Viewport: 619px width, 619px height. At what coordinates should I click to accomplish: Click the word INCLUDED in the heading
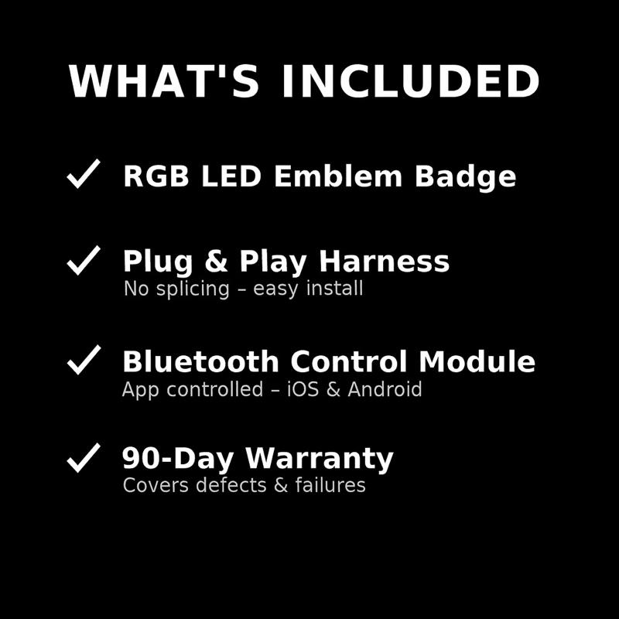point(410,82)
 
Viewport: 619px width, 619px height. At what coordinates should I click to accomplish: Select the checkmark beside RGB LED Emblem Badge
point(84,174)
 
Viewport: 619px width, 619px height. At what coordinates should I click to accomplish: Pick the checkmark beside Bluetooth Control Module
point(84,360)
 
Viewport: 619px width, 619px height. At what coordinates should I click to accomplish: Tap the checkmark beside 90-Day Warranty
point(84,457)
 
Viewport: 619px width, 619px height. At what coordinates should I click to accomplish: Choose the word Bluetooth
point(200,362)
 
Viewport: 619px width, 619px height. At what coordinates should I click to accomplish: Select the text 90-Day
point(179,460)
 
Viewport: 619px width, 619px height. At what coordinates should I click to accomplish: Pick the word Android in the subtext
point(385,389)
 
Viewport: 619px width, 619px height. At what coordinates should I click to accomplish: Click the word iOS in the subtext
point(303,389)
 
